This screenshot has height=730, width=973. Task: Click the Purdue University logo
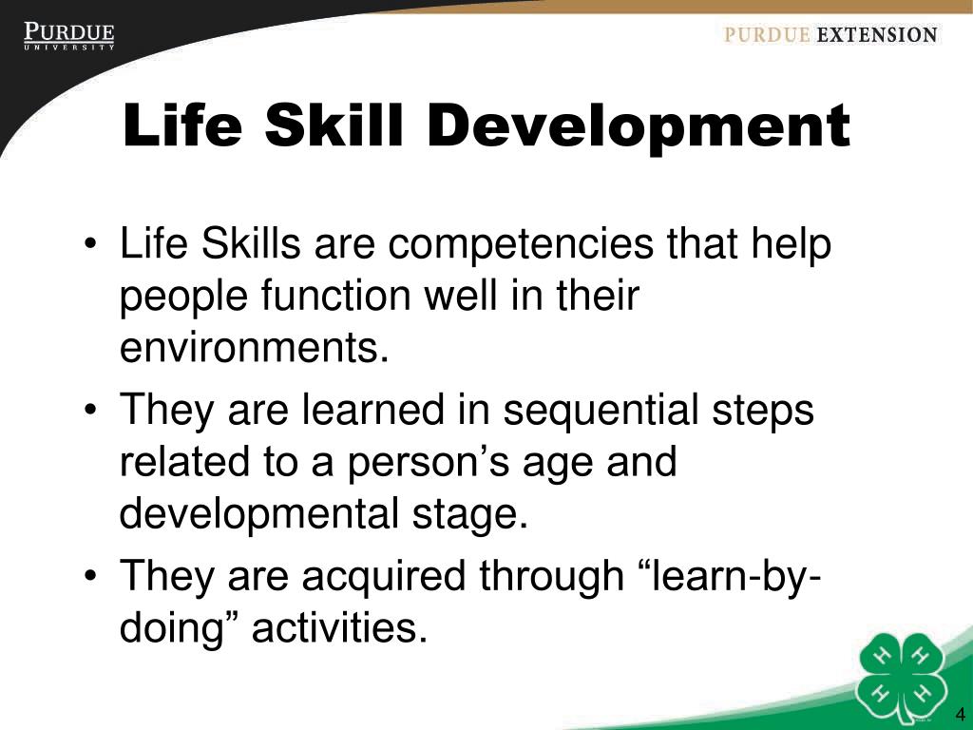[69, 37]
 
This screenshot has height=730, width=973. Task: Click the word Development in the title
[639, 127]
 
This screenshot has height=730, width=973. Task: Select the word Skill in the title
[336, 127]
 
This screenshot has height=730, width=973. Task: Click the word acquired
[388, 576]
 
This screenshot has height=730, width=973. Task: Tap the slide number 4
[960, 715]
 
